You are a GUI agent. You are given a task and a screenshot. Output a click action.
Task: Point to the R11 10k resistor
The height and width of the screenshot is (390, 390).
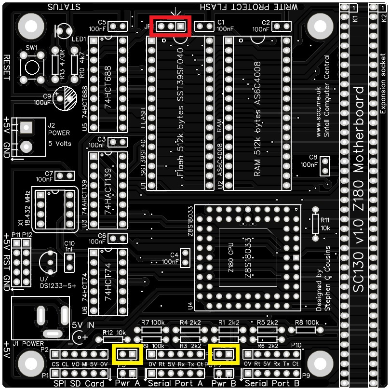click(316, 222)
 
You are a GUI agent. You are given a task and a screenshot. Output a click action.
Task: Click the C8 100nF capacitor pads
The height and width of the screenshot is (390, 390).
click(325, 165)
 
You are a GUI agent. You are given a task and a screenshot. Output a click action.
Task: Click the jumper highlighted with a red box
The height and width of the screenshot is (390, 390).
click(171, 26)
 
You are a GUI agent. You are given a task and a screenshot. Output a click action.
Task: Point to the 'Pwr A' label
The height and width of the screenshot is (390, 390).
click(127, 383)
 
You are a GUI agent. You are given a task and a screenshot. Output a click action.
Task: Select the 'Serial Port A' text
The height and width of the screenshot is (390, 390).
click(175, 383)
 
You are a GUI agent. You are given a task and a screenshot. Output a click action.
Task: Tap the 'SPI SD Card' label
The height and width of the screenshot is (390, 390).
click(80, 383)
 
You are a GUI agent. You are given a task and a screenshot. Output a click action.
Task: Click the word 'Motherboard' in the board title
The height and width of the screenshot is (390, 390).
click(360, 130)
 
